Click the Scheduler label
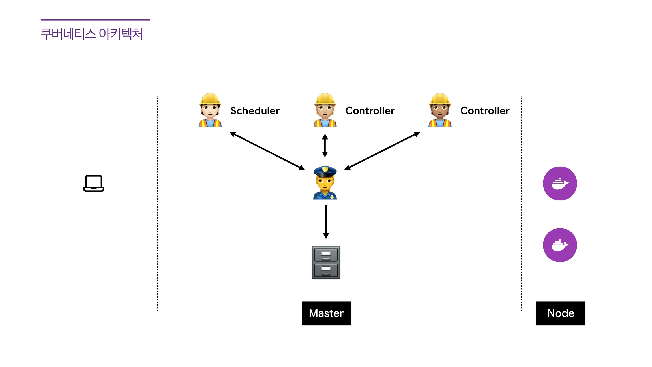pos(255,111)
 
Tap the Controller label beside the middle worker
pos(370,111)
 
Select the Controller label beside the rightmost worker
pos(485,111)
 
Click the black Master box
pos(326,313)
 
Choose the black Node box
pos(561,313)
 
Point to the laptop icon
pos(94,183)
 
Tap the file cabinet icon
pos(326,263)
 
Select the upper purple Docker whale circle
pos(560,183)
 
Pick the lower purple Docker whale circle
pos(560,245)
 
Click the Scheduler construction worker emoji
pos(210,110)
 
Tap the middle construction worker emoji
pos(325,110)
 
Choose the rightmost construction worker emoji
pos(440,110)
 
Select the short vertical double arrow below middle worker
pos(325,146)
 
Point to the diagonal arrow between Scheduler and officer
pos(267,151)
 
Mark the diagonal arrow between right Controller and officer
pos(382,151)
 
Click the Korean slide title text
pos(92,34)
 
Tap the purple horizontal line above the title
pos(95,20)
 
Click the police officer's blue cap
pos(325,171)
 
